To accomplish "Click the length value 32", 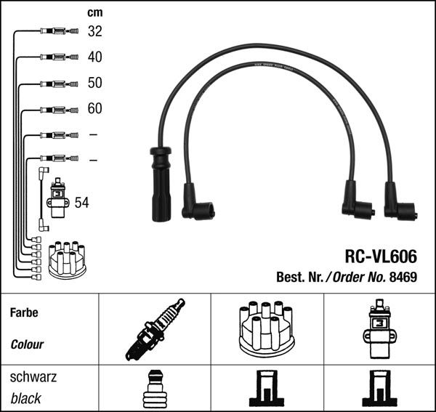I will point(94,31).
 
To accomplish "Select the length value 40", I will point(94,57).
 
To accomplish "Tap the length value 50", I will point(94,83).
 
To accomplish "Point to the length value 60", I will point(94,109).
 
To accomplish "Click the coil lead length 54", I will point(81,203).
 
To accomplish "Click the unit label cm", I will point(94,12).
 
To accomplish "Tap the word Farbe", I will point(24,313).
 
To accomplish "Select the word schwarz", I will point(33,379).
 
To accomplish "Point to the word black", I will point(26,398).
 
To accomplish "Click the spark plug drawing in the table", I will point(155,329).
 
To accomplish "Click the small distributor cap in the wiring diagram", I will point(67,259).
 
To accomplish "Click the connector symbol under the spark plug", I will point(154,389).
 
